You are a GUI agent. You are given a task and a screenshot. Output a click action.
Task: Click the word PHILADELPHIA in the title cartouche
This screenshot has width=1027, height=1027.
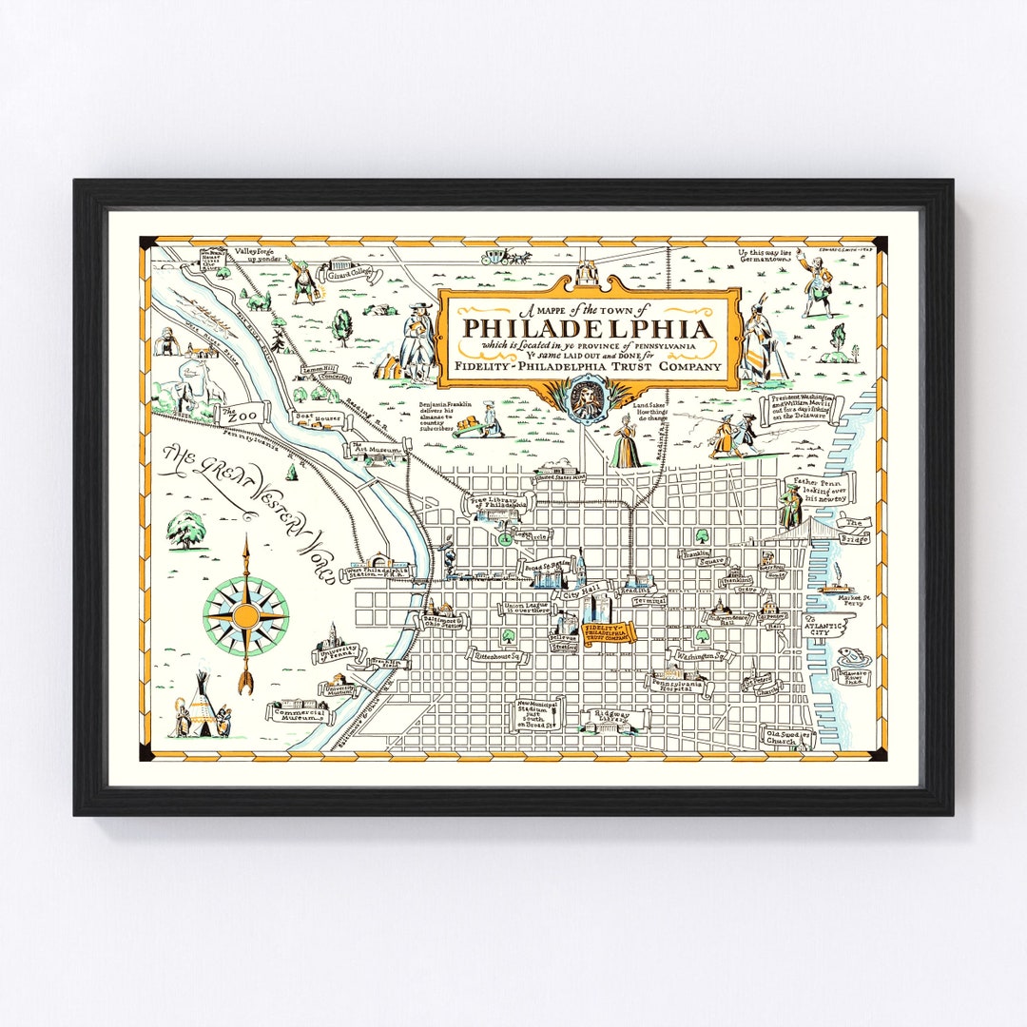(588, 328)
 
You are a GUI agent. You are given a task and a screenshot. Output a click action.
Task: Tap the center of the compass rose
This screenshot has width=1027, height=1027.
(245, 616)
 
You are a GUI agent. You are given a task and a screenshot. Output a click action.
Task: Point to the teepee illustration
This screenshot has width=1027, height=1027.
(201, 702)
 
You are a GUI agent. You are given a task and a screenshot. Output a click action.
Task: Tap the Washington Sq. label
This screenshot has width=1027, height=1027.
(703, 655)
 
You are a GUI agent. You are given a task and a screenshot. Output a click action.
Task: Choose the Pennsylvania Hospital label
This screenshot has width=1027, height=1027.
(677, 687)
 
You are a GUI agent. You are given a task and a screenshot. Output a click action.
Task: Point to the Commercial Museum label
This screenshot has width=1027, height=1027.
(301, 713)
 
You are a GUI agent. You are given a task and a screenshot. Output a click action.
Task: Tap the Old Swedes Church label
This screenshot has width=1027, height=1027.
(765, 738)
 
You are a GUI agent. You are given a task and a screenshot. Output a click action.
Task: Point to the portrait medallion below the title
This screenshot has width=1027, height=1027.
(586, 397)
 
